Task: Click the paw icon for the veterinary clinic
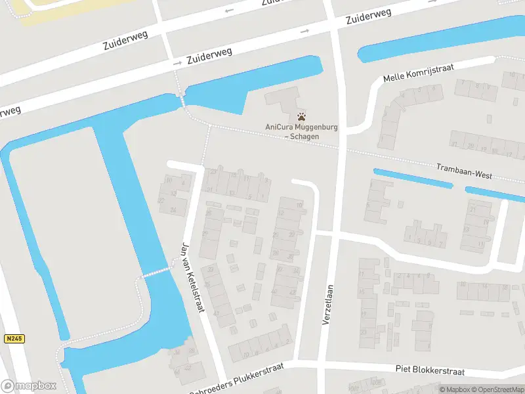(293, 116)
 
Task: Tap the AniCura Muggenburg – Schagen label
(293, 131)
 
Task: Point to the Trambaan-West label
(464, 172)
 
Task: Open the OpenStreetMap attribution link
(498, 389)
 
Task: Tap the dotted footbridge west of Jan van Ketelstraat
(156, 272)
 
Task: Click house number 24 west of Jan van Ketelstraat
(173, 209)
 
